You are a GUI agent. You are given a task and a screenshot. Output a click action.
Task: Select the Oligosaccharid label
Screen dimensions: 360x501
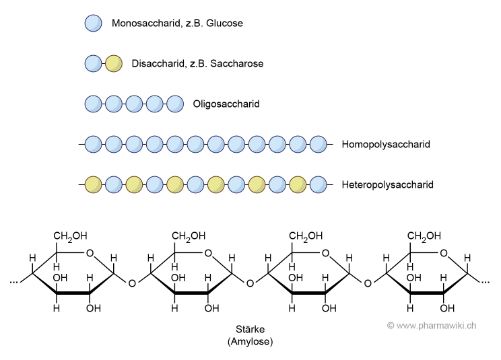[x=226, y=104]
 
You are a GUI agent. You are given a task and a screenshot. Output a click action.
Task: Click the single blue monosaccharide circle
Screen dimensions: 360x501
[x=93, y=24]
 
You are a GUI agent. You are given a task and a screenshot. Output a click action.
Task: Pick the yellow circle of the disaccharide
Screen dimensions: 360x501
[x=114, y=64]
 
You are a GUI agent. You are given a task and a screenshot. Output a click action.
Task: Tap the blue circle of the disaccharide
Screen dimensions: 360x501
[x=93, y=64]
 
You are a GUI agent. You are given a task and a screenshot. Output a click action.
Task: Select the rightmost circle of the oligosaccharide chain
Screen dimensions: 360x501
[x=175, y=104]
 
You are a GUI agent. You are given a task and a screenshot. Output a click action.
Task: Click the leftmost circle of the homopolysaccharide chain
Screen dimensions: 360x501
[x=93, y=144]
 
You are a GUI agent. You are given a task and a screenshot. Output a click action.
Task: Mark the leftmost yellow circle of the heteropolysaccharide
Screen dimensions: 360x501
[x=93, y=184]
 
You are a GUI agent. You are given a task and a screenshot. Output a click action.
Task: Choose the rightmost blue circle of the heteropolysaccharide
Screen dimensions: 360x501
[x=318, y=184]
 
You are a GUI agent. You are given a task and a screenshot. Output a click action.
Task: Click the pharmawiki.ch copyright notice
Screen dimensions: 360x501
[x=432, y=325]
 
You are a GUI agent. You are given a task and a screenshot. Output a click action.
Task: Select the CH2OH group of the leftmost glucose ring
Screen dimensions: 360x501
[x=71, y=236]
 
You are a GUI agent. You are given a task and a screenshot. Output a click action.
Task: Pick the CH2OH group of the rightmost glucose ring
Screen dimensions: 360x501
[x=424, y=236]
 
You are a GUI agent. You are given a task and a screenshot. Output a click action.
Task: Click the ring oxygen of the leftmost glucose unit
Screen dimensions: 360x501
[x=92, y=254]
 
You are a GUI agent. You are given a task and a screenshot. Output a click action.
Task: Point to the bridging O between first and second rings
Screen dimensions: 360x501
[x=132, y=283]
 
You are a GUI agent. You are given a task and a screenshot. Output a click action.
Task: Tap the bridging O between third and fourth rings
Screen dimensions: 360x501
[x=368, y=283]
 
